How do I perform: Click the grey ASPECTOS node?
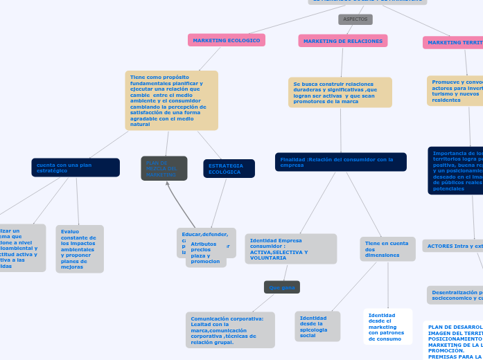[x=355, y=19]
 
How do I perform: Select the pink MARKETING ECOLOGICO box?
[x=226, y=41]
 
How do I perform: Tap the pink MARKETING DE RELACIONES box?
[x=342, y=42]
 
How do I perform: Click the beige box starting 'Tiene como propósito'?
[x=171, y=100]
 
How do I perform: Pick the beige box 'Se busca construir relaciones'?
[x=340, y=93]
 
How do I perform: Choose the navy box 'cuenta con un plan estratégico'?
[x=75, y=168]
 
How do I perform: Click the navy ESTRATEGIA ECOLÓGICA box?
[x=229, y=168]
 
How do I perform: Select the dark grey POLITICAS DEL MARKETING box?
[x=164, y=168]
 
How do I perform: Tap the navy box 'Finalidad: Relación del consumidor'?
[x=340, y=162]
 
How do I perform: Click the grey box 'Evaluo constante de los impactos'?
[x=79, y=249]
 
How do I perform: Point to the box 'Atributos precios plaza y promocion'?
[x=206, y=253]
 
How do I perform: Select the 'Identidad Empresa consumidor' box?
[x=290, y=249]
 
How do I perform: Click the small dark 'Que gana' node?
[x=282, y=287]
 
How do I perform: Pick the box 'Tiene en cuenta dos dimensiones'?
[x=387, y=249]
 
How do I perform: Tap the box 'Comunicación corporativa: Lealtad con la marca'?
[x=230, y=330]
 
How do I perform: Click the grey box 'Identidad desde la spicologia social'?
[x=317, y=326]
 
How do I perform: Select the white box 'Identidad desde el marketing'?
[x=387, y=327]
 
